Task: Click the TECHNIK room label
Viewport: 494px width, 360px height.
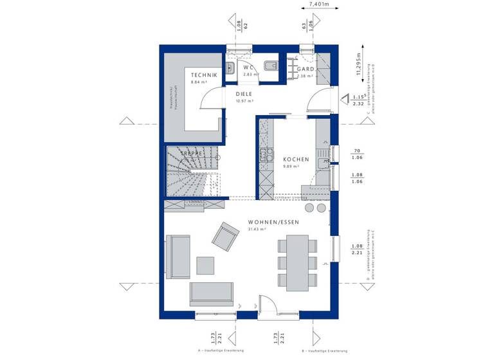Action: [204, 76]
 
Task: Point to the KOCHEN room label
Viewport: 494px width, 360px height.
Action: [296, 159]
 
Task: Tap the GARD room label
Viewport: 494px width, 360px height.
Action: [306, 69]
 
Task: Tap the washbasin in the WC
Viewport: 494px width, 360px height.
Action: [230, 67]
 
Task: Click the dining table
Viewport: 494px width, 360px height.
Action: [297, 262]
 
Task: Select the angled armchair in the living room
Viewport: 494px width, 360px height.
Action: [225, 237]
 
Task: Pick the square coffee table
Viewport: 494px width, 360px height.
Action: [205, 265]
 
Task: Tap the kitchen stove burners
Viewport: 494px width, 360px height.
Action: [263, 154]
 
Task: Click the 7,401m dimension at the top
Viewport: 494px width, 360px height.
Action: [319, 4]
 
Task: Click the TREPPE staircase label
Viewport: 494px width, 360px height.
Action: [192, 154]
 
